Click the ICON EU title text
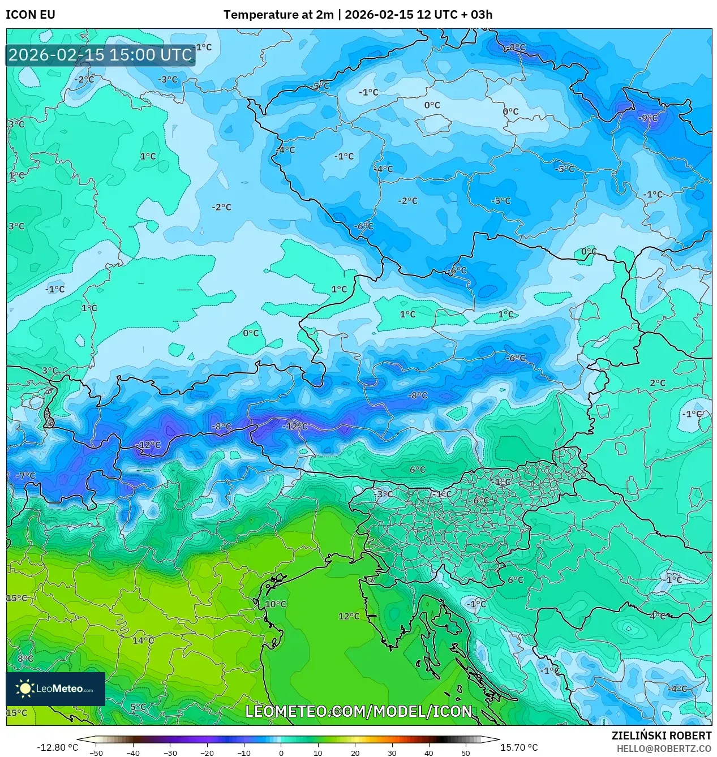(31, 15)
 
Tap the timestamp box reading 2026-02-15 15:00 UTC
(100, 55)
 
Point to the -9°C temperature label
(648, 118)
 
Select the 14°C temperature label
(143, 640)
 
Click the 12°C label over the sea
(349, 616)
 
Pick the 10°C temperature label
(276, 604)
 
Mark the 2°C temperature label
(658, 383)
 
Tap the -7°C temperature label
(25, 476)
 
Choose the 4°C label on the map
(658, 616)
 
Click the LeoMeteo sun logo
(25, 689)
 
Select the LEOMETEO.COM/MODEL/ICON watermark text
(358, 711)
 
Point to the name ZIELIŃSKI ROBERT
(661, 736)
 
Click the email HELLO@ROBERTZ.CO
(664, 749)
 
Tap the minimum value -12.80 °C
(58, 747)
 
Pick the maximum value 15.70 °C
(519, 747)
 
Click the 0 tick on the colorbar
(281, 752)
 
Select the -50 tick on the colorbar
(96, 752)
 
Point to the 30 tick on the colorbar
(392, 752)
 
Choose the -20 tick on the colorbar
(207, 752)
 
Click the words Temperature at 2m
(278, 15)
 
